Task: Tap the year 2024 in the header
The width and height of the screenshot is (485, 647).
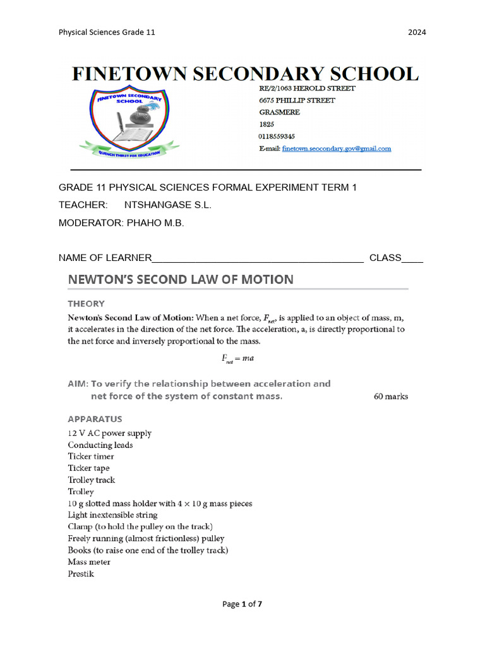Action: point(417,32)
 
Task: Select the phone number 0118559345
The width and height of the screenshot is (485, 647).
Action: point(277,136)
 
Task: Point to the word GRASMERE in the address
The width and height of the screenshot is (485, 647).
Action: point(279,112)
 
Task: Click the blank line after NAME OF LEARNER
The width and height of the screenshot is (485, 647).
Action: point(258,258)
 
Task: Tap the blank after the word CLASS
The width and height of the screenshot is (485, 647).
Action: point(412,258)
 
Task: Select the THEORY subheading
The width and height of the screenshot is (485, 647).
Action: point(87,303)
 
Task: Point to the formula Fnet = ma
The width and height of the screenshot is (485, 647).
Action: point(238,358)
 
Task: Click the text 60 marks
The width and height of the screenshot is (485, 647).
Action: point(391,397)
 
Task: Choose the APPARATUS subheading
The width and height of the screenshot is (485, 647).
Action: point(95,419)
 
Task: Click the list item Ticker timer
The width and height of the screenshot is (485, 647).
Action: point(91,456)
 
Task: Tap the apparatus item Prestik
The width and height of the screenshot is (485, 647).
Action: point(81,574)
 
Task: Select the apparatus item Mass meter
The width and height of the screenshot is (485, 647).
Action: point(89,562)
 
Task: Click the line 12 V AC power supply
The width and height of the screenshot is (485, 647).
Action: point(110,433)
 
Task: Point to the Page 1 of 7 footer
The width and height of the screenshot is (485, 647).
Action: point(242,604)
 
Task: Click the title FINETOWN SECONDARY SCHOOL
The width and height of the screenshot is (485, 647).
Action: point(245,74)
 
